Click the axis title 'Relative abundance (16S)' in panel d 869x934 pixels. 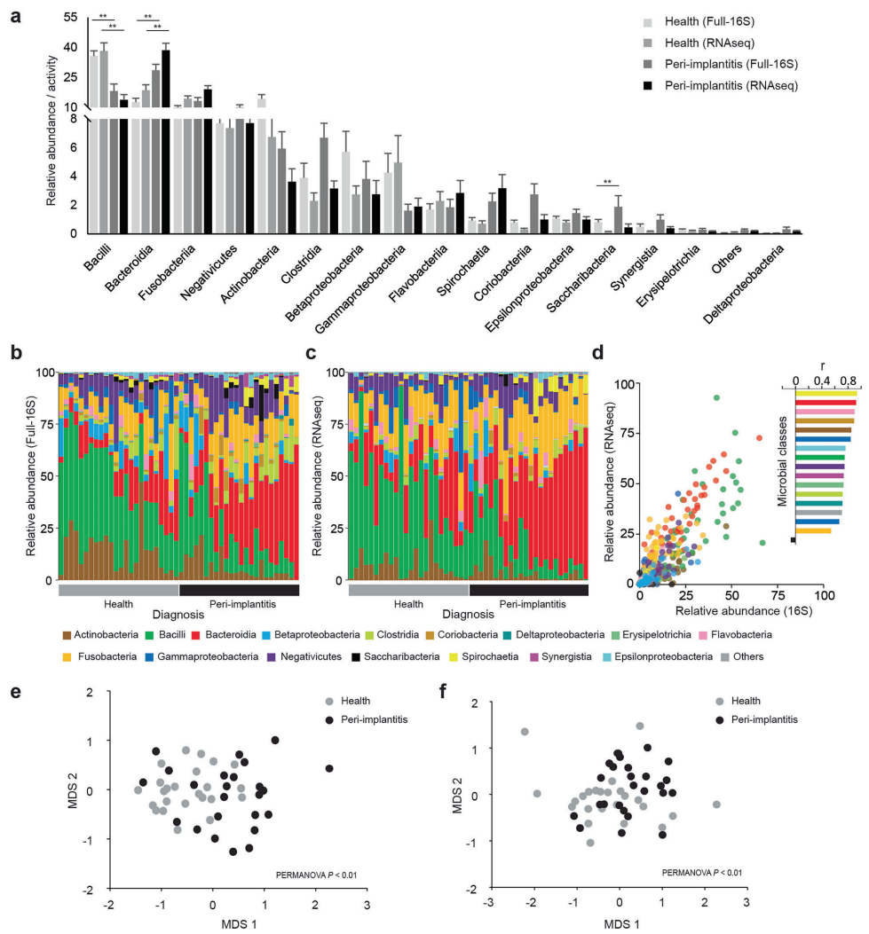click(731, 612)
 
